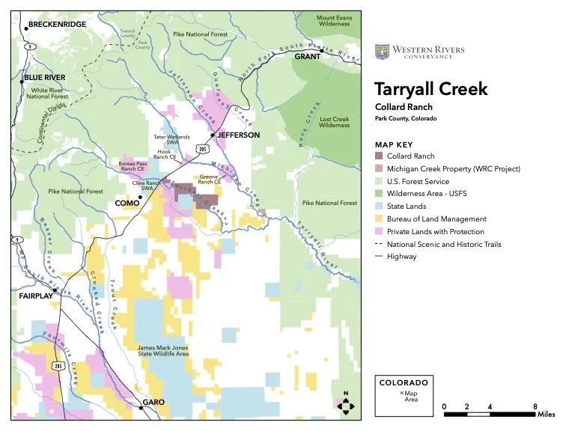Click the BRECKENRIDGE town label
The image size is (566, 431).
(x=58, y=25)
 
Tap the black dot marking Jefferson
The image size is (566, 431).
(x=213, y=135)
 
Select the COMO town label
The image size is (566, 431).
(x=125, y=203)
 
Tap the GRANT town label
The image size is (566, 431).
(x=307, y=56)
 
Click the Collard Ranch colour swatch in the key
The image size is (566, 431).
(x=380, y=156)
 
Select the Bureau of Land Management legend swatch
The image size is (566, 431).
(x=380, y=219)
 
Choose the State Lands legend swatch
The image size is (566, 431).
(x=380, y=207)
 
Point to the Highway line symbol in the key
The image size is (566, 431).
(x=380, y=257)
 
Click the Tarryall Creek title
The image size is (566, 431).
(x=430, y=90)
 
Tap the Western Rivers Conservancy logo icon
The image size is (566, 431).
(x=381, y=51)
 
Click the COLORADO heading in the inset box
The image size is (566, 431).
(x=404, y=382)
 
